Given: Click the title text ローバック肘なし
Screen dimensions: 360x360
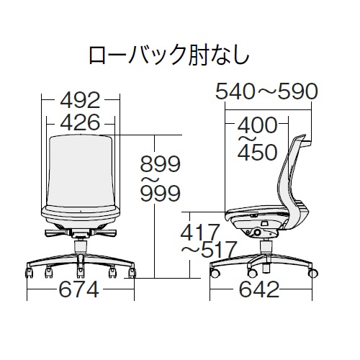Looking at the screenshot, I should pos(168,55).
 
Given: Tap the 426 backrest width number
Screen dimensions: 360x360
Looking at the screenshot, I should pos(79,122).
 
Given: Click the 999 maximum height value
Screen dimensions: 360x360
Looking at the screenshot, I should pos(160,194).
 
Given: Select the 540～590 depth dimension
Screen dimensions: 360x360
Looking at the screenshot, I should pos(266,91).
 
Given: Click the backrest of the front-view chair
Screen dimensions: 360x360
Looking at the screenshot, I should pos(80,170).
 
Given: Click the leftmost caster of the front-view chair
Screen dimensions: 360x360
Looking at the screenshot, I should pos(30,274).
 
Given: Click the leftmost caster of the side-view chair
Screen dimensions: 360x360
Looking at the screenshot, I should pos(213,274).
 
